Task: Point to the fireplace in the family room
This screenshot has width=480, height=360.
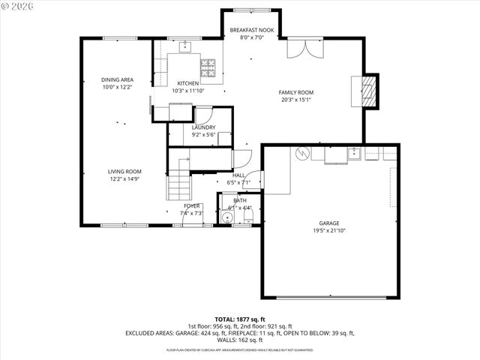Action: pyautogui.click(x=367, y=90)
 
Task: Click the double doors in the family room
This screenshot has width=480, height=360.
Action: pyautogui.click(x=304, y=49)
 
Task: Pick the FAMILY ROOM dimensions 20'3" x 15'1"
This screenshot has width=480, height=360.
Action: pyautogui.click(x=296, y=100)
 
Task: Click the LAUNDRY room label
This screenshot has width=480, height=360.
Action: pyautogui.click(x=204, y=127)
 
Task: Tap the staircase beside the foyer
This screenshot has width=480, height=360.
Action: pyautogui.click(x=178, y=183)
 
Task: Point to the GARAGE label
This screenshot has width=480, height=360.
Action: pyautogui.click(x=329, y=223)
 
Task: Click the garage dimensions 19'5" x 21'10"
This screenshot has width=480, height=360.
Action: pyautogui.click(x=329, y=231)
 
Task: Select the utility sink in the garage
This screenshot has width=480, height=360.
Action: pyautogui.click(x=354, y=154)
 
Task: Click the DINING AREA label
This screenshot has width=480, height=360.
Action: pyautogui.click(x=117, y=79)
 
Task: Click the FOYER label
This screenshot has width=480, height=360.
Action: pyautogui.click(x=192, y=205)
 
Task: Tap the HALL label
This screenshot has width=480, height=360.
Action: pyautogui.click(x=239, y=175)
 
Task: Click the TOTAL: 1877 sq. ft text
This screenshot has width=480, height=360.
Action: pyautogui.click(x=239, y=319)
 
